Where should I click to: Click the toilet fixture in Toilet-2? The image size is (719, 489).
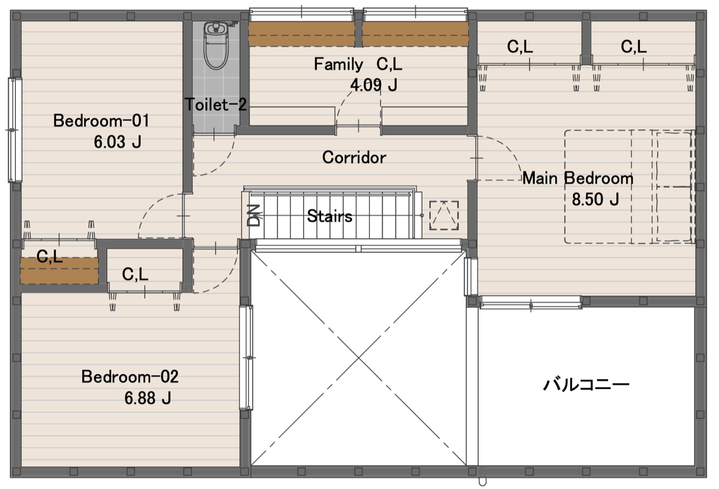click(216, 45)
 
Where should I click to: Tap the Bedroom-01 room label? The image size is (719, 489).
click(101, 121)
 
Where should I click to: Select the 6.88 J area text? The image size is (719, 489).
click(148, 398)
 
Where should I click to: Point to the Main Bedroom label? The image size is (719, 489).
click(578, 178)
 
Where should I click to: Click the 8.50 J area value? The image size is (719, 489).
click(595, 200)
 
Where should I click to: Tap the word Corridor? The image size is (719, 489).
click(354, 158)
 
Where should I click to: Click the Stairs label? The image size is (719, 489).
click(330, 216)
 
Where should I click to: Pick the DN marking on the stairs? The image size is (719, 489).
click(255, 216)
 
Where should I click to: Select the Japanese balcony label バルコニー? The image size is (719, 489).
click(586, 384)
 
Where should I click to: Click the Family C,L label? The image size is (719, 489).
click(358, 64)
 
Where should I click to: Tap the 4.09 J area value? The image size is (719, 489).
click(374, 85)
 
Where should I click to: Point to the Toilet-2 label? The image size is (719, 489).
click(216, 105)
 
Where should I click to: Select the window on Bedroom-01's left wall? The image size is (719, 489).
click(15, 130)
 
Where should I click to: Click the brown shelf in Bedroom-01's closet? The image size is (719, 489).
click(60, 270)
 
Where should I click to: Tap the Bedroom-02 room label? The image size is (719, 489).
click(129, 377)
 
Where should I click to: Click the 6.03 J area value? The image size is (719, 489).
click(118, 142)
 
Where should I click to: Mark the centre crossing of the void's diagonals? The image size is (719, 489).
click(358, 358)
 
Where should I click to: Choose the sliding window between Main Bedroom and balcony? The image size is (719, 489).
click(531, 302)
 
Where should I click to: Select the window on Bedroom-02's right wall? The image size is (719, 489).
click(247, 358)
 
